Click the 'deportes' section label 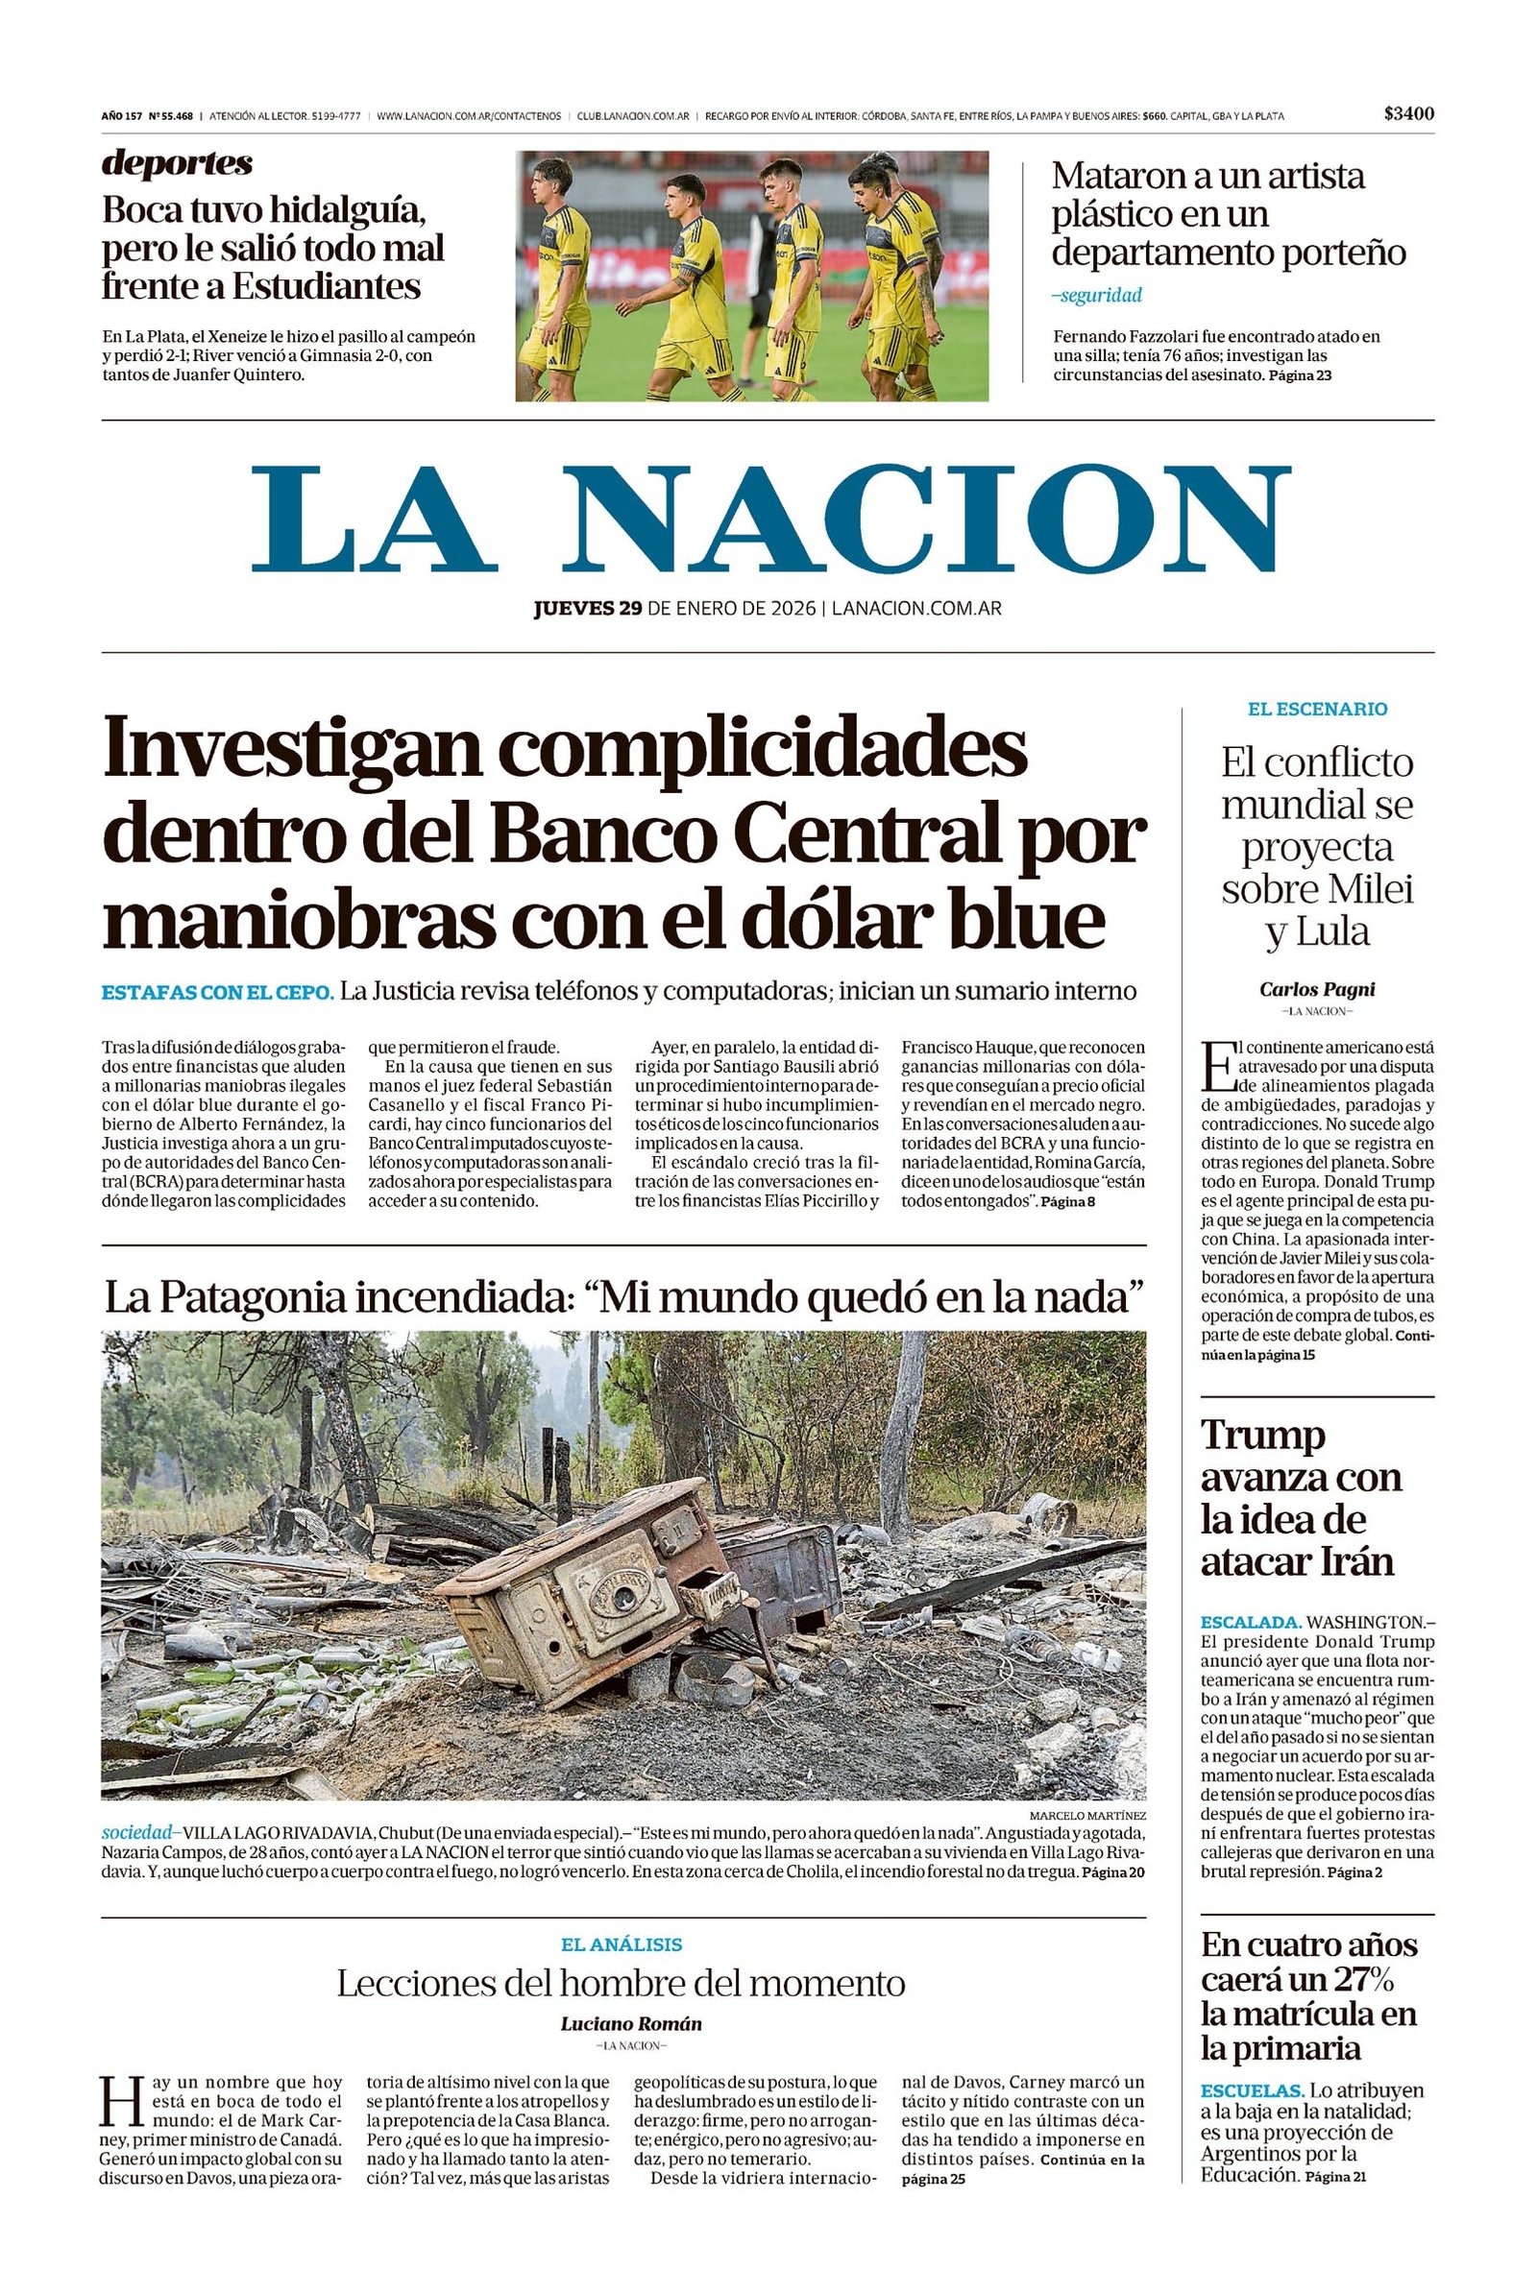(x=177, y=163)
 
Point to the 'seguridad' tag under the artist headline (x=1097, y=295)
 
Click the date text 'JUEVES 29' (x=587, y=609)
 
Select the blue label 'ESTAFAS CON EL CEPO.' (x=218, y=991)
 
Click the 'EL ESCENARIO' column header (x=1316, y=709)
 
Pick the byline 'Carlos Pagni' (x=1316, y=988)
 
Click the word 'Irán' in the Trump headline (x=1354, y=1562)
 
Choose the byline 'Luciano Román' (x=631, y=2024)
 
